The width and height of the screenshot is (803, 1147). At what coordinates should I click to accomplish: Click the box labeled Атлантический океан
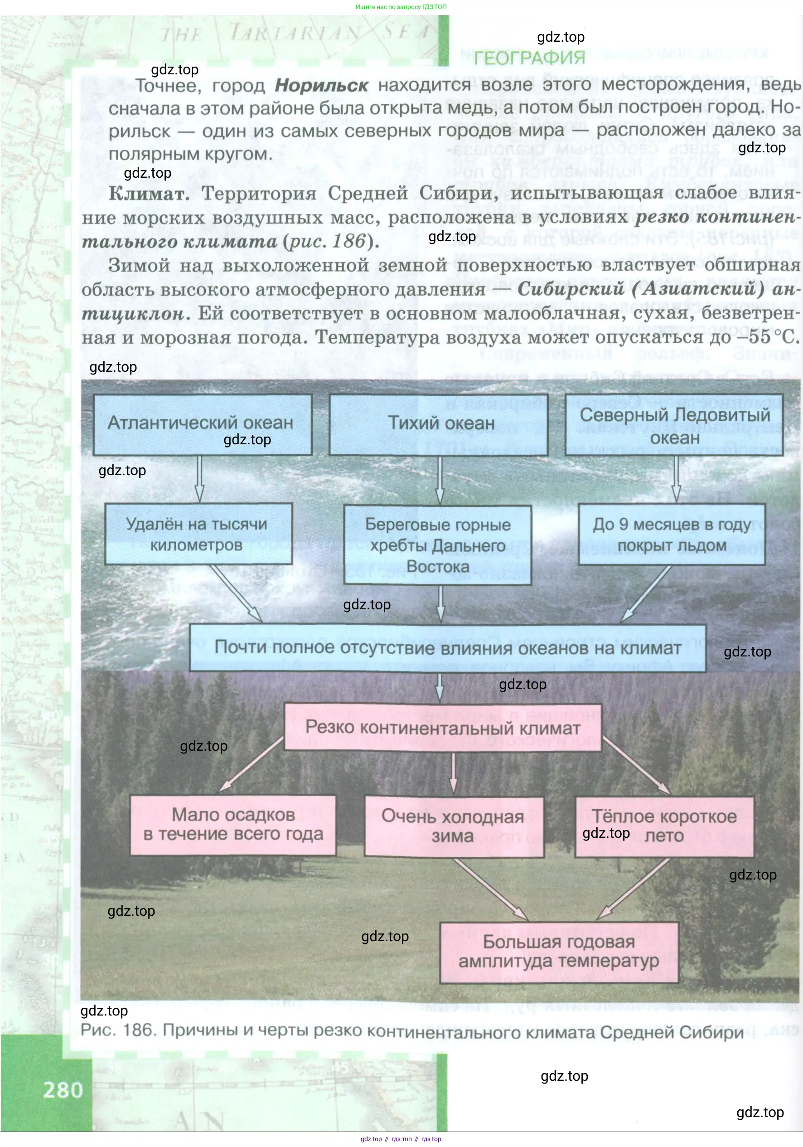click(x=202, y=424)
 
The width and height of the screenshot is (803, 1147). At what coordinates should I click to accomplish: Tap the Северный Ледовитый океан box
click(x=674, y=425)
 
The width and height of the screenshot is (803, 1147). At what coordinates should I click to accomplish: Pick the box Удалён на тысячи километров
click(x=198, y=534)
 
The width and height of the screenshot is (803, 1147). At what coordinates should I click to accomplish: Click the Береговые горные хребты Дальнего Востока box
click(x=437, y=544)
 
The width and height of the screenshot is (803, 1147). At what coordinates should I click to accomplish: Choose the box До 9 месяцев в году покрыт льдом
click(x=672, y=534)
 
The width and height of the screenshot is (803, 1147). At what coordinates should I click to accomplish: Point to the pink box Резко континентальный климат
click(x=442, y=727)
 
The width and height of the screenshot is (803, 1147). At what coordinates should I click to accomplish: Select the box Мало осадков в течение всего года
click(x=233, y=825)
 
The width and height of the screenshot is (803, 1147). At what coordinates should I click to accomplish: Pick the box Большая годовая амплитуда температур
click(x=559, y=952)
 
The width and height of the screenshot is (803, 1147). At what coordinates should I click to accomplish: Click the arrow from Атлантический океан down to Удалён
click(x=199, y=479)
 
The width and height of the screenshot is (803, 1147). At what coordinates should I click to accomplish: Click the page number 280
click(x=63, y=1090)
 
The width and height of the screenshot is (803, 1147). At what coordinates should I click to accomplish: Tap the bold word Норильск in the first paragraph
click(x=322, y=85)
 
